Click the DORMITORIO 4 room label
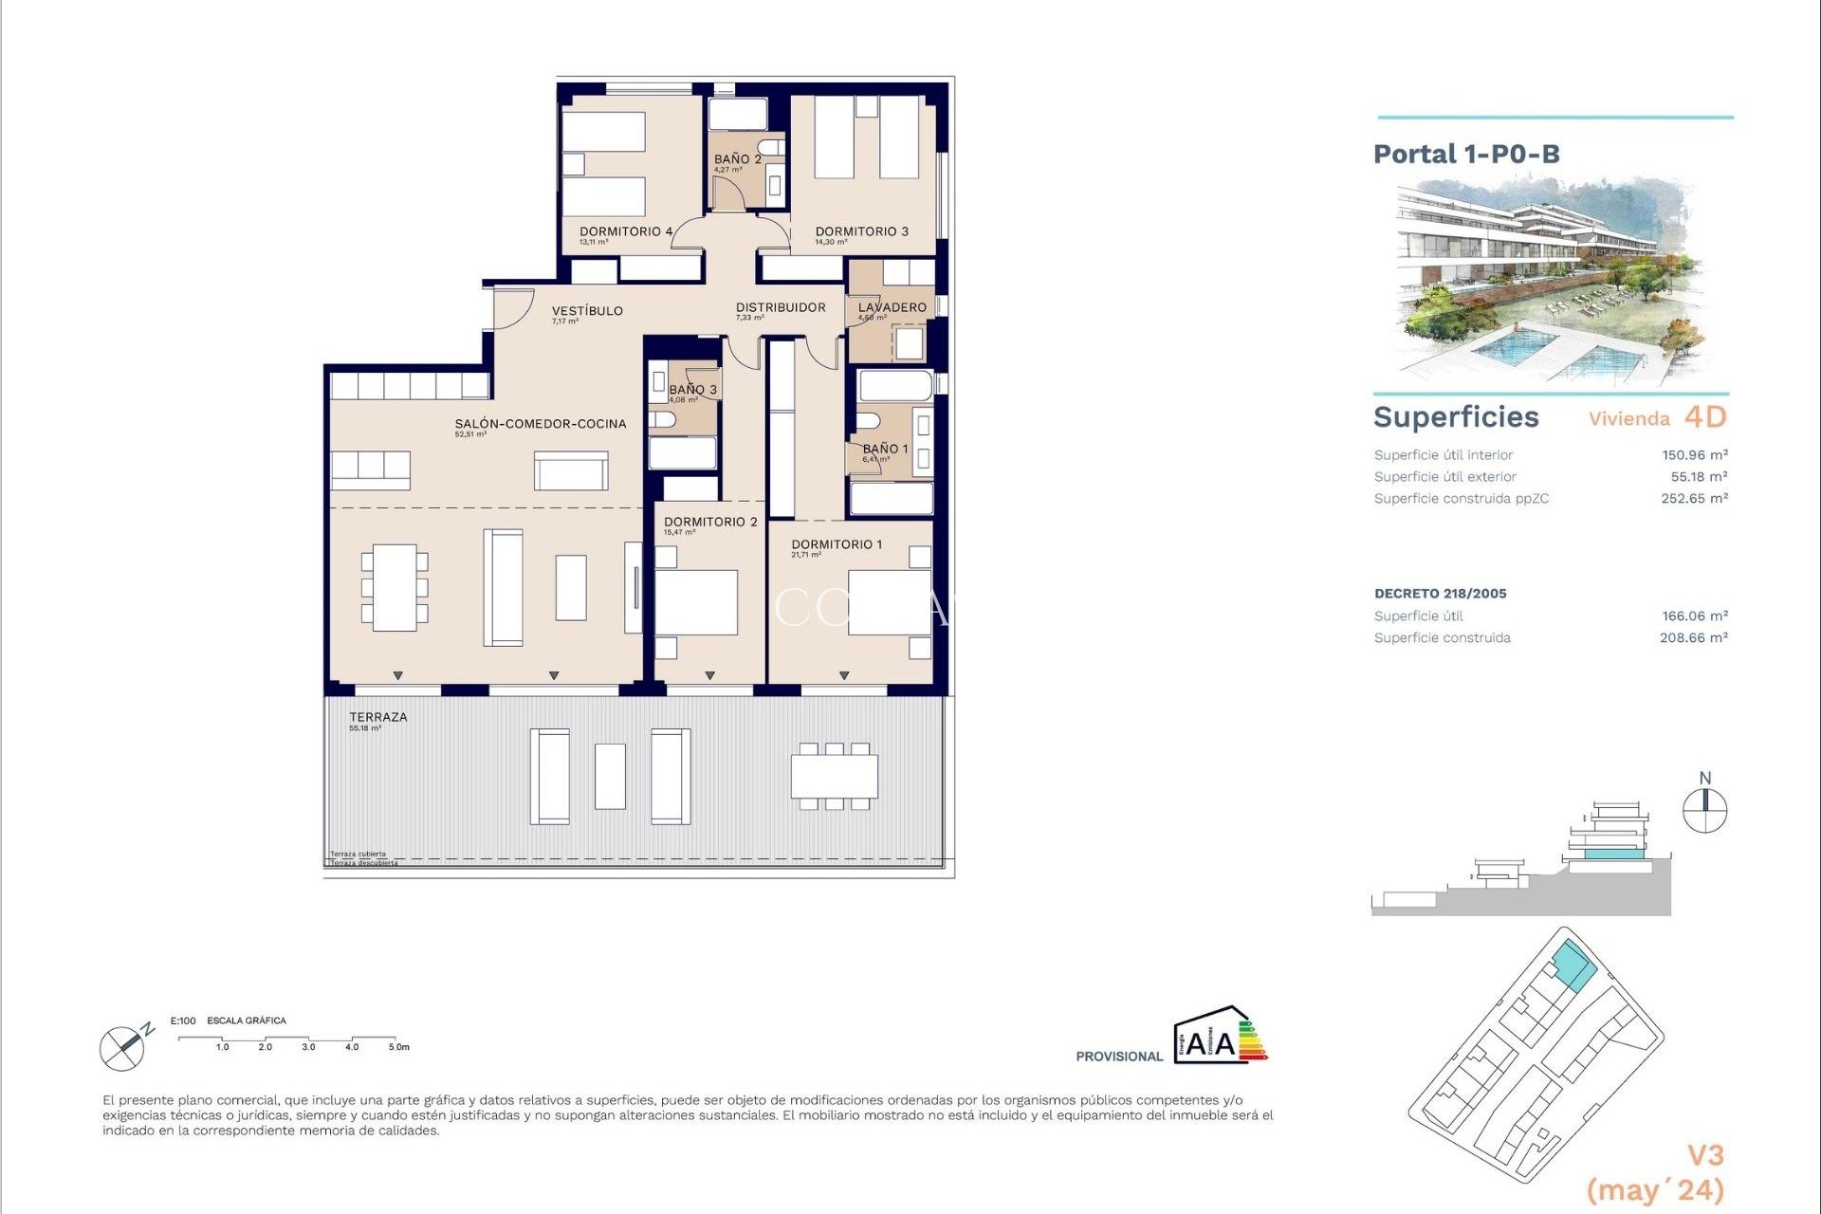pyautogui.click(x=626, y=231)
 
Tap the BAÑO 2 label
pyautogui.click(x=737, y=159)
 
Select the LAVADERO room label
pyautogui.click(x=892, y=307)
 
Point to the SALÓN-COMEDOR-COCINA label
pyautogui.click(x=541, y=424)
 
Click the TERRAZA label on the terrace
pyautogui.click(x=378, y=717)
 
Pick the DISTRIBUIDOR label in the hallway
pyautogui.click(x=781, y=307)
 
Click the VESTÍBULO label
pyautogui.click(x=587, y=311)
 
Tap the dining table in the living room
pyautogui.click(x=395, y=587)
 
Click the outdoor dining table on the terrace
pyautogui.click(x=835, y=776)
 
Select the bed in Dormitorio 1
pyautogui.click(x=888, y=603)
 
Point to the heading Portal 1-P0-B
pyautogui.click(x=1466, y=154)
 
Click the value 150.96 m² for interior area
pyautogui.click(x=1694, y=455)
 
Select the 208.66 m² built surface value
pyautogui.click(x=1693, y=638)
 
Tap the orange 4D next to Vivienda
pyautogui.click(x=1705, y=417)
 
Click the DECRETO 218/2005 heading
pyautogui.click(x=1440, y=594)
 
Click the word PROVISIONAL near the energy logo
pyautogui.click(x=1119, y=1057)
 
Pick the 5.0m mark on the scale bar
pyautogui.click(x=398, y=1047)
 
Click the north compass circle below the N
pyautogui.click(x=1704, y=812)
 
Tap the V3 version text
pyautogui.click(x=1704, y=1155)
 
